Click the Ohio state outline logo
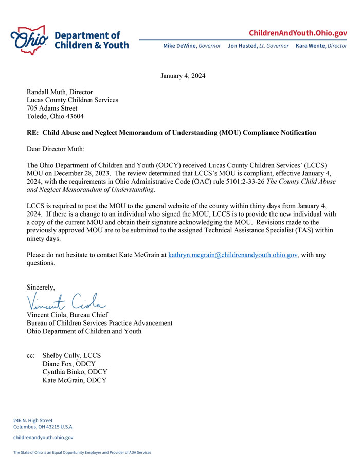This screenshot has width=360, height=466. click(x=30, y=39)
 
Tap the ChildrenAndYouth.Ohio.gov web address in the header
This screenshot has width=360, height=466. click(x=298, y=33)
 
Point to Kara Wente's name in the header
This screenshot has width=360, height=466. click(x=311, y=46)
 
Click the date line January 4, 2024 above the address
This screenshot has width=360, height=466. click(x=183, y=76)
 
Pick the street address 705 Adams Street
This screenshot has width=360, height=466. click(x=52, y=108)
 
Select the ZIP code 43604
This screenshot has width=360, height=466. click(x=74, y=116)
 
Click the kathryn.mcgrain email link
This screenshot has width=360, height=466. click(x=233, y=255)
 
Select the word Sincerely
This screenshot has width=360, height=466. click(x=41, y=287)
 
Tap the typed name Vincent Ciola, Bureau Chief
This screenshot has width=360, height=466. click(x=67, y=315)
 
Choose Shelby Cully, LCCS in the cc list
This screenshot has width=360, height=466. click(x=71, y=355)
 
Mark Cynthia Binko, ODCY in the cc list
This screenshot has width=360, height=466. click(x=75, y=372)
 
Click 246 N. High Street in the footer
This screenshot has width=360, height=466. click(x=33, y=420)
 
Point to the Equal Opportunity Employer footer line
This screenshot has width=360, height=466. click(x=82, y=453)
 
